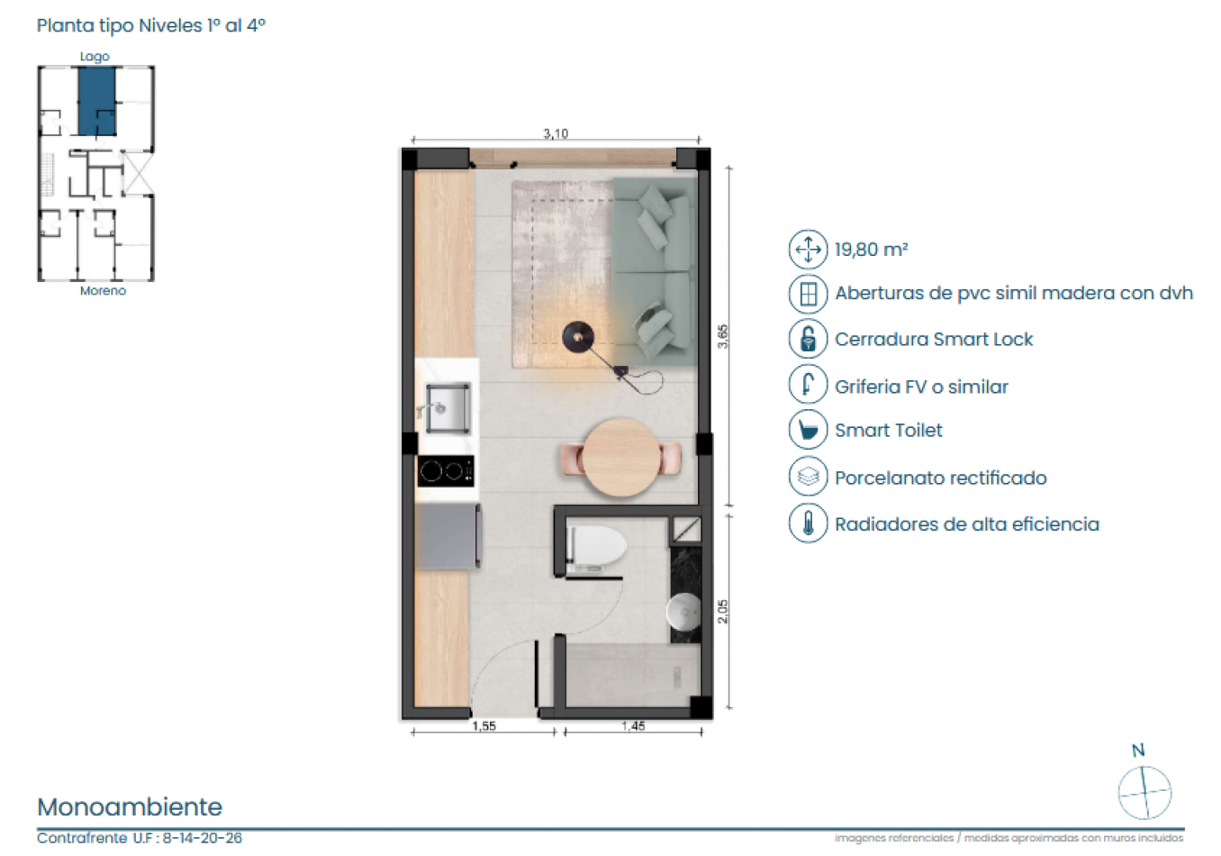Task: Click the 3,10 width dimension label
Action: click(x=556, y=133)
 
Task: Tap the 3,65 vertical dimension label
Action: click(x=722, y=336)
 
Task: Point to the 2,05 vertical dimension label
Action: click(x=722, y=611)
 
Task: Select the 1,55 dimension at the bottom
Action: click(x=484, y=726)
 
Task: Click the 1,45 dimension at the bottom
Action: click(x=633, y=726)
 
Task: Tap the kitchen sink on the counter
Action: click(x=448, y=408)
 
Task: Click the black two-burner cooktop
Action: click(x=446, y=470)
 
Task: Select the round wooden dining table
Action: click(x=621, y=458)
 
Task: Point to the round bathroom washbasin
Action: click(x=684, y=612)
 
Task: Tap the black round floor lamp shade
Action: click(x=578, y=337)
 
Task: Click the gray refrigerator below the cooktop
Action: click(x=448, y=536)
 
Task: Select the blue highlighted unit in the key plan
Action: click(x=96, y=101)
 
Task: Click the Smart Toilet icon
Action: click(x=808, y=430)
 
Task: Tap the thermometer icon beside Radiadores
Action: click(x=808, y=524)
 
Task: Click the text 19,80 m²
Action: click(x=871, y=250)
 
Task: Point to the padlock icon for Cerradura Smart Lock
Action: click(x=808, y=339)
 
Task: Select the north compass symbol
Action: click(x=1144, y=791)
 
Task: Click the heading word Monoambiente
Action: click(x=130, y=806)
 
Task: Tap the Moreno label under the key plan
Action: click(x=103, y=291)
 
